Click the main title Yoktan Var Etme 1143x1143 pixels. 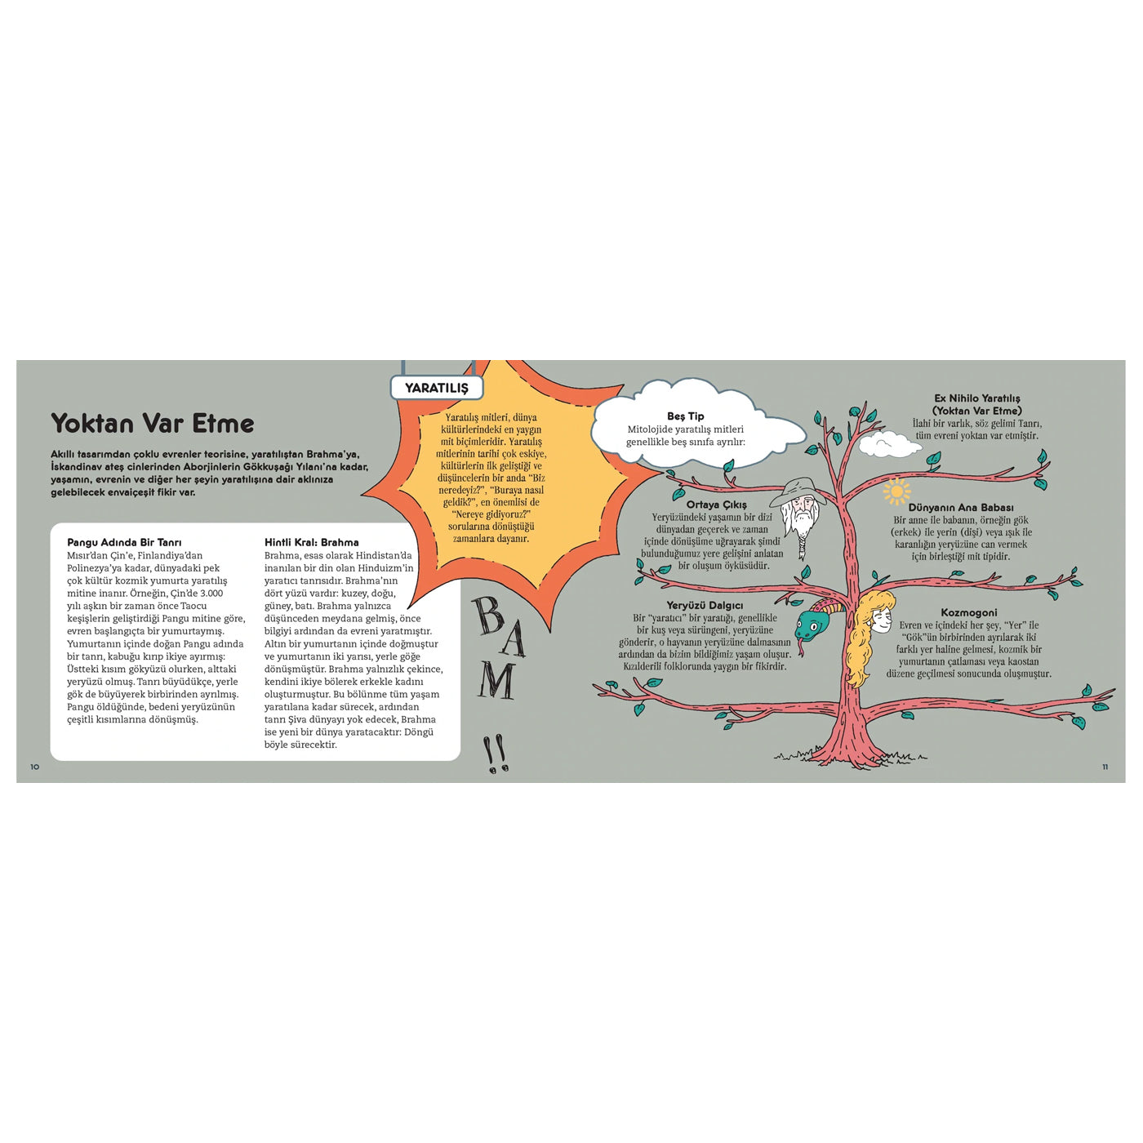(x=153, y=424)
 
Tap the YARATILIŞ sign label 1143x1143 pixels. (x=437, y=388)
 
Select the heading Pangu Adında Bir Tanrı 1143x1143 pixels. (x=124, y=542)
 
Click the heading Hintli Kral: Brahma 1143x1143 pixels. (x=311, y=542)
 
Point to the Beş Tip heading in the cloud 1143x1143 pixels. (x=685, y=416)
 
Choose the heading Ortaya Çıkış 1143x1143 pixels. (x=717, y=505)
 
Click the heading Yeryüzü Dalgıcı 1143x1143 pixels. (x=705, y=606)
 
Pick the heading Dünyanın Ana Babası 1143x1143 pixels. (x=961, y=508)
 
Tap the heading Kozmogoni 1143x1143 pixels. (x=968, y=612)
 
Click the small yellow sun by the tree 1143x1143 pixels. (x=896, y=491)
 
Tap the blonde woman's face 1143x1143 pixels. (x=882, y=621)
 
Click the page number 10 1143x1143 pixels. (x=35, y=767)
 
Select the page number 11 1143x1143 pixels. (x=1105, y=767)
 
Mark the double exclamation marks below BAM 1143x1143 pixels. (x=496, y=754)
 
